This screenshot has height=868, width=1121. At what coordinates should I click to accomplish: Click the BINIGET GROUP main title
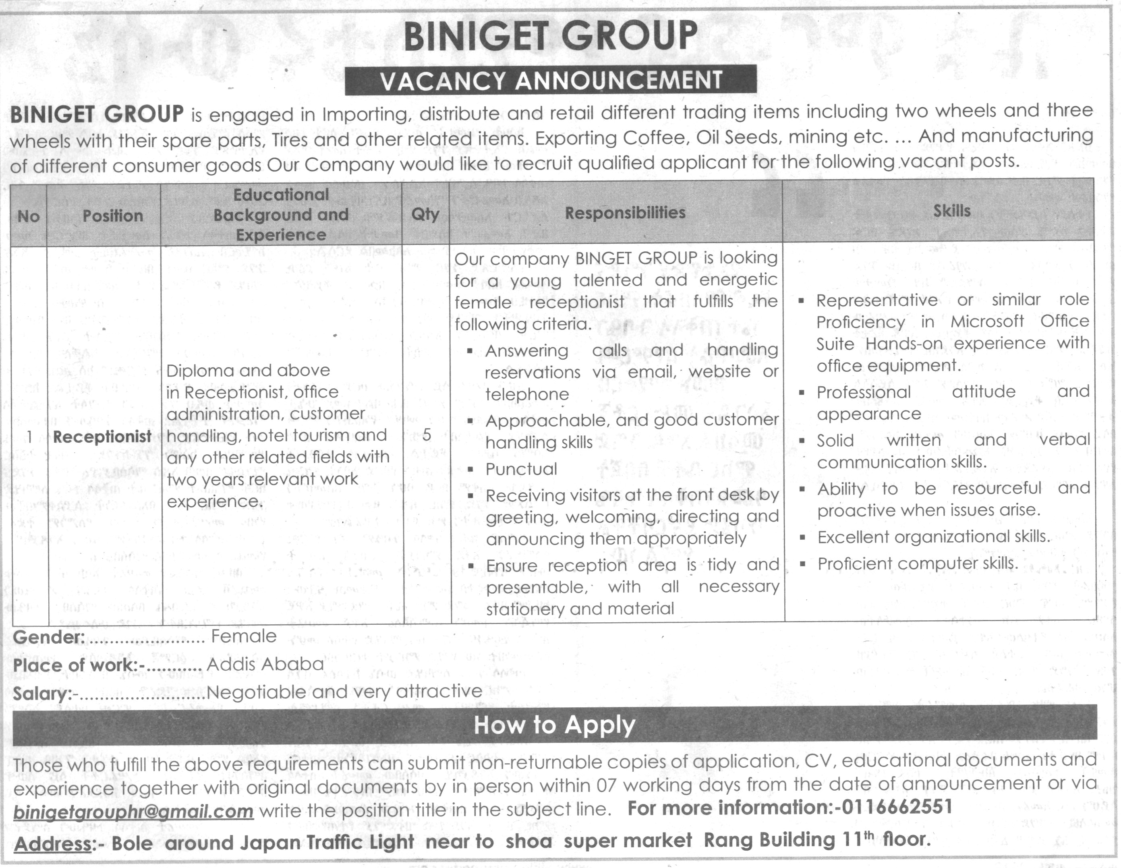(x=550, y=36)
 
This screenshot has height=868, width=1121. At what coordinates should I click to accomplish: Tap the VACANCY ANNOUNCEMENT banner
(x=551, y=81)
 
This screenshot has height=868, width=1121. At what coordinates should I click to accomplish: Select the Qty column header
(x=425, y=213)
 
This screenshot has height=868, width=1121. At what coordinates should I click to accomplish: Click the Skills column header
(x=951, y=211)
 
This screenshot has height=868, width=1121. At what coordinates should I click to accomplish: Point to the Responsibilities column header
(x=625, y=213)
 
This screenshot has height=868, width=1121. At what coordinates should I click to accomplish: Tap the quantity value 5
(x=427, y=435)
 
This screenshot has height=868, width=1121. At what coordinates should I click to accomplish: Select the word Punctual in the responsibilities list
(x=521, y=469)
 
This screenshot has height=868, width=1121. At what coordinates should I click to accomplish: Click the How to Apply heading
(x=554, y=725)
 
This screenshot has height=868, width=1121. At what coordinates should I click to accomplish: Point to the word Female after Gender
(x=244, y=636)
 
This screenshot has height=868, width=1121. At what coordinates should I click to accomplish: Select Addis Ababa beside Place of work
(x=265, y=664)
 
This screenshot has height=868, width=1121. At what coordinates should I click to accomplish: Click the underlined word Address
(x=52, y=843)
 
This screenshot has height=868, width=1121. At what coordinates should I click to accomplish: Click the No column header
(x=28, y=217)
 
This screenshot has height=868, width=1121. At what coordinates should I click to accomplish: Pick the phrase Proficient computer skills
(x=917, y=563)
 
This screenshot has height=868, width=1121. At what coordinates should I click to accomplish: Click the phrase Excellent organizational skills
(x=934, y=537)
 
